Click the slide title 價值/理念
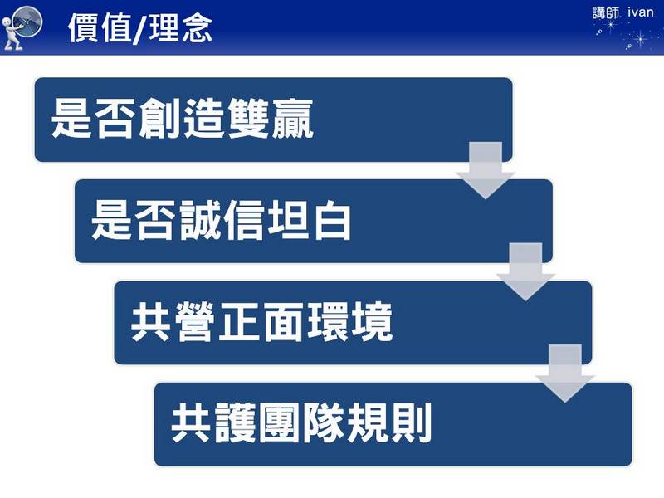coord(139,28)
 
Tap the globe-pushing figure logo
coord(22,28)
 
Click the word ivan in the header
coord(640,12)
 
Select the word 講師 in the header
coord(606,13)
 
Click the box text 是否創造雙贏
coord(182,119)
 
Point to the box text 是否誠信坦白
coord(221,220)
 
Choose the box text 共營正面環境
coord(261,322)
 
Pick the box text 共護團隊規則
coord(301,423)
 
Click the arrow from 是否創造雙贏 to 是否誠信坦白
coord(486,170)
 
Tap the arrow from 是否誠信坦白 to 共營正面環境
coord(525,272)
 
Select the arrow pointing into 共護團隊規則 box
coord(565,373)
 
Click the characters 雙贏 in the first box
coord(271,119)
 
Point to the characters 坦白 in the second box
coord(309,220)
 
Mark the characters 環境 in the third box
coord(349,322)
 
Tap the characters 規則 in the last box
coord(389,423)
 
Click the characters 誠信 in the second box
coord(222,220)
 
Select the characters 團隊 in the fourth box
coord(301,423)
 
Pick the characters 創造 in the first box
coord(182,119)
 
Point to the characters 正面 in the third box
coord(261,322)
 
